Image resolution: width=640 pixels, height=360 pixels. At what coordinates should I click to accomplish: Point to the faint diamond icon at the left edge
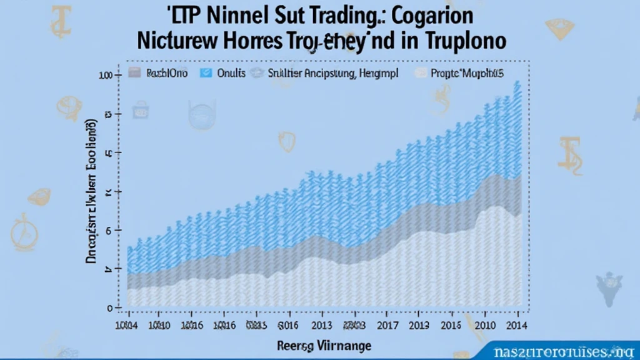pyautogui.click(x=39, y=196)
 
